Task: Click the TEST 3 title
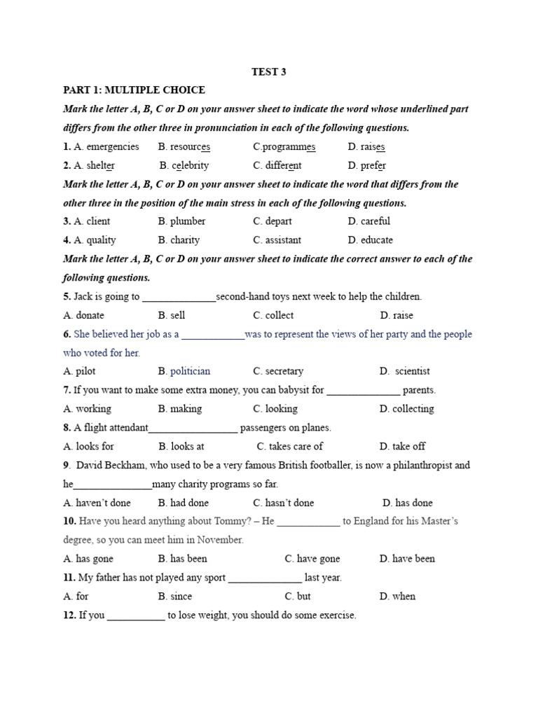click(268, 71)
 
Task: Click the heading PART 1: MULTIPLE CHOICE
click(134, 90)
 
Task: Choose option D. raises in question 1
click(366, 147)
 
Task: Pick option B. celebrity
click(184, 166)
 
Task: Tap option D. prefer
click(366, 166)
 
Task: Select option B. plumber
click(182, 221)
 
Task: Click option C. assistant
click(277, 240)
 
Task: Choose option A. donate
click(83, 315)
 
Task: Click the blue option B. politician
click(184, 371)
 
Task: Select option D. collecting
click(406, 409)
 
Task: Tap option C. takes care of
click(290, 446)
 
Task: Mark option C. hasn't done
click(284, 503)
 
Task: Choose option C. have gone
click(312, 559)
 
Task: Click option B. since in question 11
click(175, 597)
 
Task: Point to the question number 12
click(69, 615)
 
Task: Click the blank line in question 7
click(364, 391)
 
